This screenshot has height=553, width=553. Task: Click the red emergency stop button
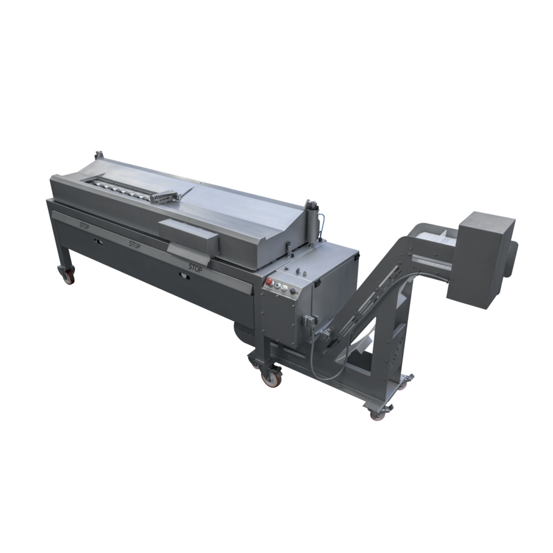268,282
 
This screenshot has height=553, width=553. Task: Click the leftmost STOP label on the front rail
85,226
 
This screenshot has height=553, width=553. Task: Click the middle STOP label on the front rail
135,245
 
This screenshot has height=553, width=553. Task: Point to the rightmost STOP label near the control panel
195,267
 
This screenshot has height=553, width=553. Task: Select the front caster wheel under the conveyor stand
376,414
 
